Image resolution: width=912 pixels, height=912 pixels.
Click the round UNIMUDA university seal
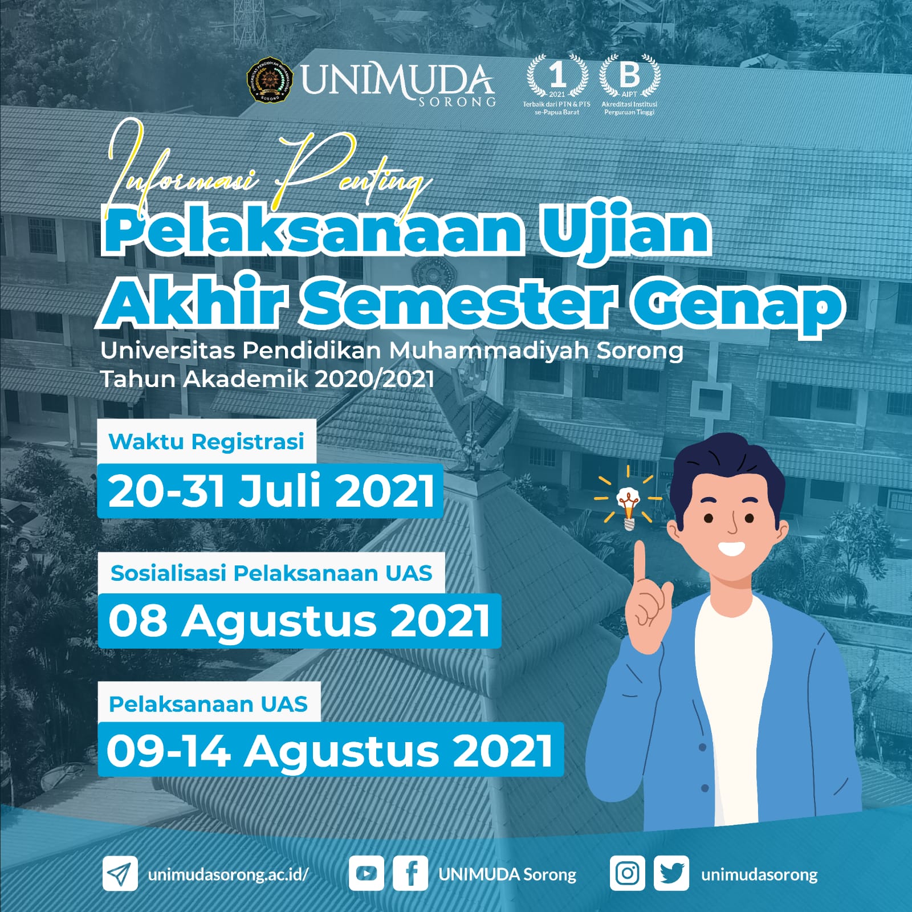(270, 80)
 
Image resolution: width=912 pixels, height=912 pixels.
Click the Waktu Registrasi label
(206, 442)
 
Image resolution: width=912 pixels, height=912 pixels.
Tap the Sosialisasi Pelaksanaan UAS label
(271, 573)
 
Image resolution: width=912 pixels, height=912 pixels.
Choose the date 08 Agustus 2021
(299, 621)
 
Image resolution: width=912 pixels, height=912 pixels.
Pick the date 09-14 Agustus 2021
(330, 750)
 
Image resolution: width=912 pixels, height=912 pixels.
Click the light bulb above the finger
(628, 508)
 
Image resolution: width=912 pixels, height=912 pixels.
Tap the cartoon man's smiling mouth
(731, 549)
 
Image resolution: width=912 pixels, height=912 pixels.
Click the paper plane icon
(120, 873)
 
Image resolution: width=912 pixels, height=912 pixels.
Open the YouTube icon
(365, 873)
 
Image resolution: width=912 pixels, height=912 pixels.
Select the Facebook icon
(410, 873)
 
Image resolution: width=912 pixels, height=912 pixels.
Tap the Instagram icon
(627, 873)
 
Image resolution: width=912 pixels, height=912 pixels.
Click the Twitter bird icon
(671, 873)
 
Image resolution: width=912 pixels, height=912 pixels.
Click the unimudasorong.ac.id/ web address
(228, 874)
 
